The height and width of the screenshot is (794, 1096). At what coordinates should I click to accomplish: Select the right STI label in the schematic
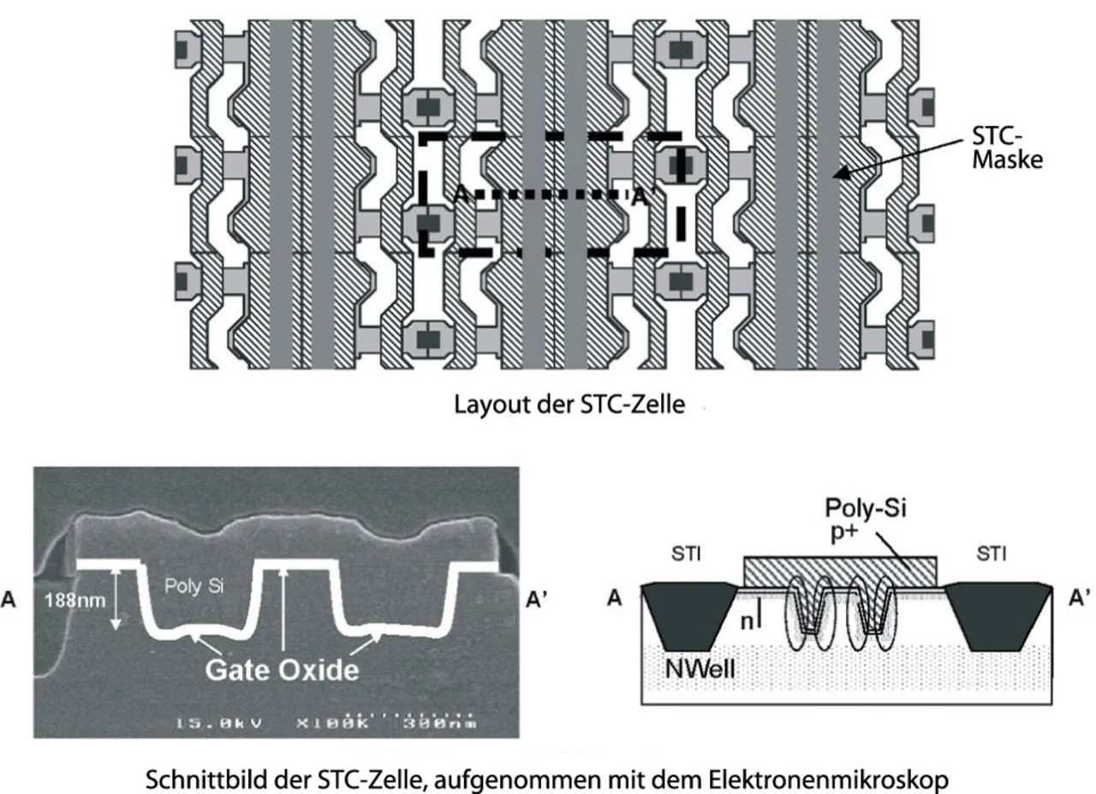(x=992, y=555)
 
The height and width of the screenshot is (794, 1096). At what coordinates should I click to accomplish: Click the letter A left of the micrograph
(x=11, y=600)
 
